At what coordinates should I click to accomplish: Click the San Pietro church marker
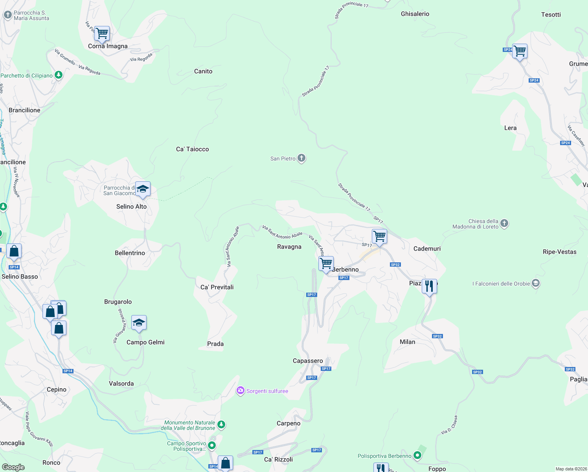point(301,158)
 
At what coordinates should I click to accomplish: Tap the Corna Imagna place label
point(108,46)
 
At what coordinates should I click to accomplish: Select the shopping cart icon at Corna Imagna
point(102,33)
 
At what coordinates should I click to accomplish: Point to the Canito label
point(203,71)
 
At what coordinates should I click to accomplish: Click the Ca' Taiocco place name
point(193,149)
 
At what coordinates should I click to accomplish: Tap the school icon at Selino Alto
point(143,189)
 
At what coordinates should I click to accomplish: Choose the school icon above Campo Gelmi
point(139,323)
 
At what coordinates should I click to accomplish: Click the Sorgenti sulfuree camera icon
point(240,391)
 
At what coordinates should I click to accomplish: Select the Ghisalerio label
point(415,14)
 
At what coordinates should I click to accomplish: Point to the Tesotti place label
point(551,15)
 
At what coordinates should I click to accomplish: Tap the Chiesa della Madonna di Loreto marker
point(504,223)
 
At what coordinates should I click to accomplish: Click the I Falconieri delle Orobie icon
point(535,283)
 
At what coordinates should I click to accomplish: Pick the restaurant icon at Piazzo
point(429,286)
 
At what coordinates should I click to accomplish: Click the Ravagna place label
point(289,247)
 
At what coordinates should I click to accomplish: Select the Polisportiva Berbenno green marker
point(417,455)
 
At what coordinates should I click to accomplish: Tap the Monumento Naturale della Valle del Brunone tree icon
point(221,424)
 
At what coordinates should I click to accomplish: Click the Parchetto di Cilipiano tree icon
point(59,75)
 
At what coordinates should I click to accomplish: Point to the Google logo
point(13,467)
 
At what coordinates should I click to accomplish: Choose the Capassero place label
point(308,361)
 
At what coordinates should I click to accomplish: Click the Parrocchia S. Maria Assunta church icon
point(7,15)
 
